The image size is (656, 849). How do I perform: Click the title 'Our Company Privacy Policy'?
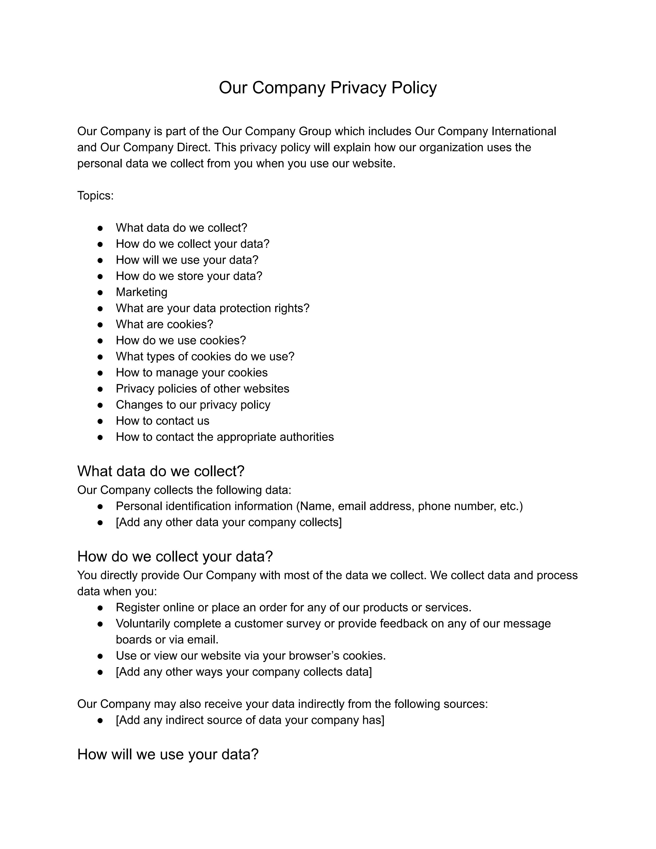pos(327,87)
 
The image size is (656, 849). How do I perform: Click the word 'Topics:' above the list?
pos(95,196)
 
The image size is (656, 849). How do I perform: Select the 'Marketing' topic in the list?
pos(141,292)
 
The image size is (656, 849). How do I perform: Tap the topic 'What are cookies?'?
pos(164,324)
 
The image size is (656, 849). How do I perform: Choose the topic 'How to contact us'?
pos(162,421)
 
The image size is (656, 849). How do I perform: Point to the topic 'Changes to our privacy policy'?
pos(193,405)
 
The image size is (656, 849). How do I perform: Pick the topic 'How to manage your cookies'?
pos(192,373)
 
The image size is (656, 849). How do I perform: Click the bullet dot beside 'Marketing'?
pos(100,292)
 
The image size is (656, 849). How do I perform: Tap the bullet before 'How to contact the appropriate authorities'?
pos(100,437)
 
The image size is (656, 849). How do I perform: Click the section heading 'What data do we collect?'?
pos(161,471)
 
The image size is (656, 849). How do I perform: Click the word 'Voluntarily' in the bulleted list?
pos(143,624)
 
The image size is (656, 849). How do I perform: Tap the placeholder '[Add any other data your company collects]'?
pos(228,522)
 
